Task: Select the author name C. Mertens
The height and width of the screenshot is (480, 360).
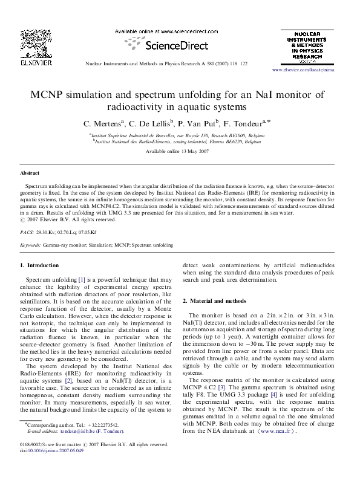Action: tap(104, 123)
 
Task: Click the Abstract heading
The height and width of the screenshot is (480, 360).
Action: tap(30, 173)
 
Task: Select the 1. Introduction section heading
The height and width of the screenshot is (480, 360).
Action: tap(39, 265)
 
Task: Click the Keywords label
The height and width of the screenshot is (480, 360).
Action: tap(30, 246)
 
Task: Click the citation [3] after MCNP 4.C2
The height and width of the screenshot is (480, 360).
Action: tap(223, 386)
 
